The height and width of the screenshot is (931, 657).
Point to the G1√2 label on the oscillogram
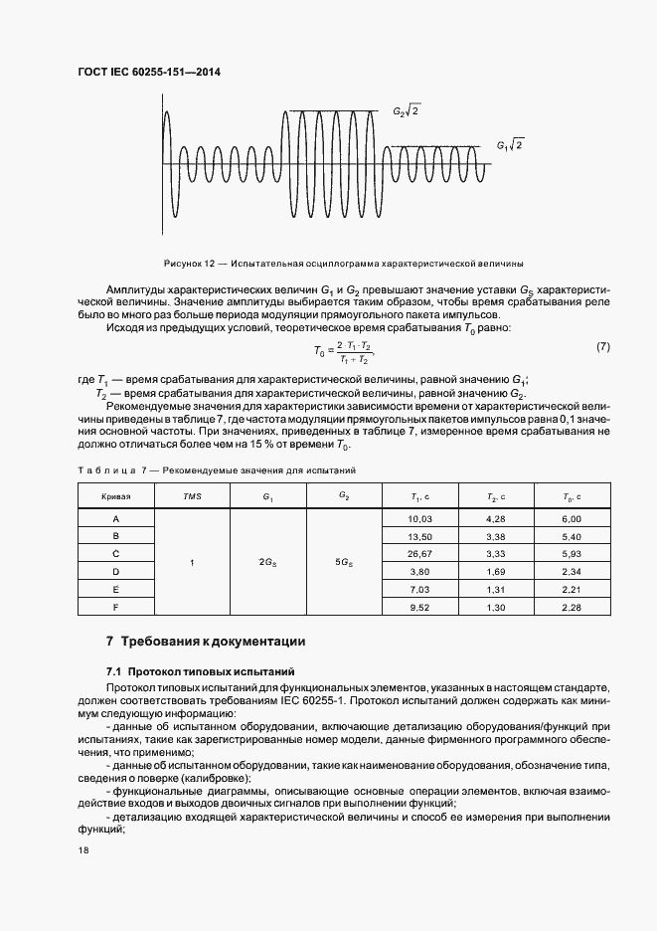[509, 145]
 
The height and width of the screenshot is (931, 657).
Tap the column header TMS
[192, 495]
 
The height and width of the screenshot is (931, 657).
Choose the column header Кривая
[115, 495]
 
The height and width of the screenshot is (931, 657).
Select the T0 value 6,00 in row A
[572, 519]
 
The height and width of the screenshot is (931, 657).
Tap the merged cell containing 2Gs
[268, 563]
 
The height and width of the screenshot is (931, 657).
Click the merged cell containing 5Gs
[345, 563]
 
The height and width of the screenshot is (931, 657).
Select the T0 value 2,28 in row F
[572, 606]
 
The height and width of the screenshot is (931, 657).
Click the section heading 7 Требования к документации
[205, 642]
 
